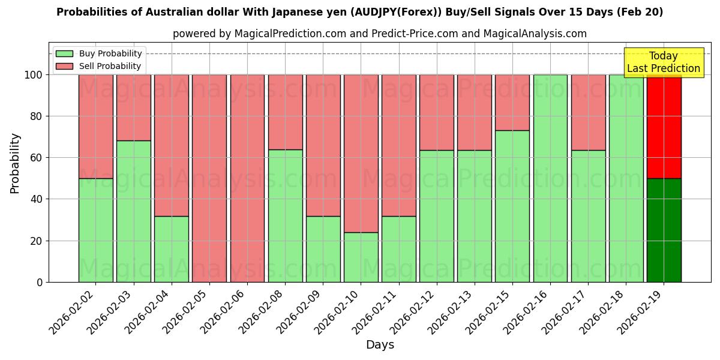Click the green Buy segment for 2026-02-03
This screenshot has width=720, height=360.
pyautogui.click(x=133, y=211)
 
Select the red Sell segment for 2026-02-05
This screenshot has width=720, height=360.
pyautogui.click(x=209, y=178)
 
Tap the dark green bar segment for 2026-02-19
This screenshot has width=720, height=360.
pyautogui.click(x=664, y=230)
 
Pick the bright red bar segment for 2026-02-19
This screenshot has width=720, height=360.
pyautogui.click(x=664, y=127)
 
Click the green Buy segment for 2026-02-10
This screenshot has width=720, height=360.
pyautogui.click(x=361, y=257)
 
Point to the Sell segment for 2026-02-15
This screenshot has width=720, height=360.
pyautogui.click(x=512, y=103)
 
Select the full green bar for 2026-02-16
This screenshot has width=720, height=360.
pyautogui.click(x=550, y=178)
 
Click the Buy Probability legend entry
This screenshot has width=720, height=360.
pyautogui.click(x=110, y=53)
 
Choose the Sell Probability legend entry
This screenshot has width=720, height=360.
pyautogui.click(x=110, y=66)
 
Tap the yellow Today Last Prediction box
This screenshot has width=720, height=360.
pyautogui.click(x=664, y=62)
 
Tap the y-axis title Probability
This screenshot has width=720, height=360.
pyautogui.click(x=15, y=163)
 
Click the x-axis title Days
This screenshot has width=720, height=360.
pyautogui.click(x=380, y=345)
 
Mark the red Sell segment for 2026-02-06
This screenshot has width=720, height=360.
pyautogui.click(x=247, y=178)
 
